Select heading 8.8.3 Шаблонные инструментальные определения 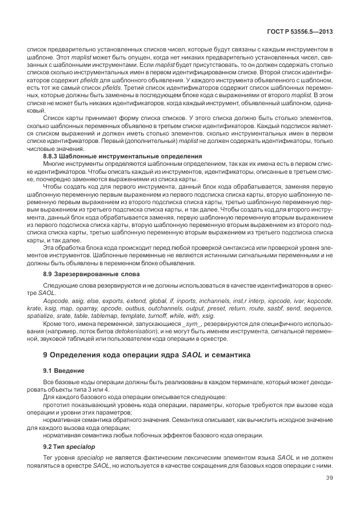point(122,156)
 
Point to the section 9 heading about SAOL point(146,354)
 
